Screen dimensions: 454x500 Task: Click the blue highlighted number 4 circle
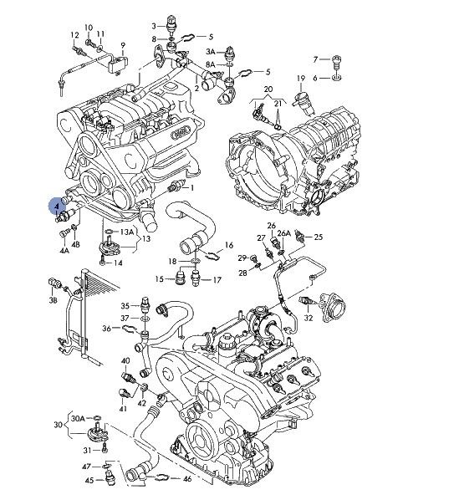[57, 206]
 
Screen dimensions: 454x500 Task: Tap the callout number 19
[301, 78]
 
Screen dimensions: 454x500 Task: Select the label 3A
[211, 52]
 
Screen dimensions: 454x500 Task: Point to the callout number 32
[309, 318]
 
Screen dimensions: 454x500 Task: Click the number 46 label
[187, 479]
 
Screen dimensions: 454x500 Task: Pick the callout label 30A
[78, 418]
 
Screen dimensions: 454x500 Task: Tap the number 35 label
[125, 306]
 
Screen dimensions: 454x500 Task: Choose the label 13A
[127, 232]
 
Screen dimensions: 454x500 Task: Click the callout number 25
[319, 237]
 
